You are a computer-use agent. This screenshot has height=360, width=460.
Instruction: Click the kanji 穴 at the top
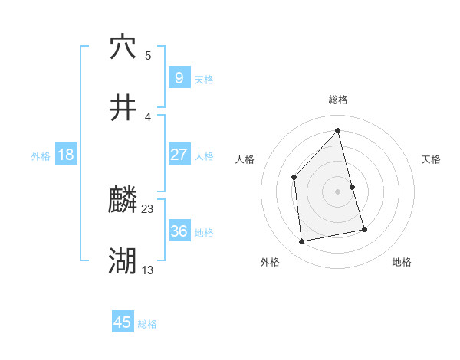(123, 47)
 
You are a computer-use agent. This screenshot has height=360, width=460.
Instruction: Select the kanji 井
(123, 108)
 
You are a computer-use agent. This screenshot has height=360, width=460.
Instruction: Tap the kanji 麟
(123, 201)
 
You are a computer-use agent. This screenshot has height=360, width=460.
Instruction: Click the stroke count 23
(148, 208)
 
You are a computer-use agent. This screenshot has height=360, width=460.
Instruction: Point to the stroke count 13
(148, 270)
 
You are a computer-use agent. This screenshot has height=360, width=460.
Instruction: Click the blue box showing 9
(179, 77)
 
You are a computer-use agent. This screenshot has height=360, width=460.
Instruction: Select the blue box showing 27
(179, 155)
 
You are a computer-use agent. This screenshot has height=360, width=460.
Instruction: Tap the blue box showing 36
(179, 231)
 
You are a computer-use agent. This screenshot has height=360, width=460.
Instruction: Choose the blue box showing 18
(66, 155)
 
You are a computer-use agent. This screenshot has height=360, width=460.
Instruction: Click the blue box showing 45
(123, 322)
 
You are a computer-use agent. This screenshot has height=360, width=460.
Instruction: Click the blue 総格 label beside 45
(147, 324)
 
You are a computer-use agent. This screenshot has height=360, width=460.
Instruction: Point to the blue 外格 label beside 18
(41, 155)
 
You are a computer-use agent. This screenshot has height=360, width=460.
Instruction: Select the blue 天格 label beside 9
(204, 79)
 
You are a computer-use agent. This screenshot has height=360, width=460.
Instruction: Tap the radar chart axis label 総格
(337, 100)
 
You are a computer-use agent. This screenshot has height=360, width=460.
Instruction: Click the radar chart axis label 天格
(432, 159)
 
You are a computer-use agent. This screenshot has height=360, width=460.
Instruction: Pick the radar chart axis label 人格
(245, 159)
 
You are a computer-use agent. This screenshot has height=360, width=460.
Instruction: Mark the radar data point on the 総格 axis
(337, 130)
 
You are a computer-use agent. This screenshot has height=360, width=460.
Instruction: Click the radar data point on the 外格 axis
(302, 241)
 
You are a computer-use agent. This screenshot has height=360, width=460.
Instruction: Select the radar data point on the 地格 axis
(365, 229)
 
